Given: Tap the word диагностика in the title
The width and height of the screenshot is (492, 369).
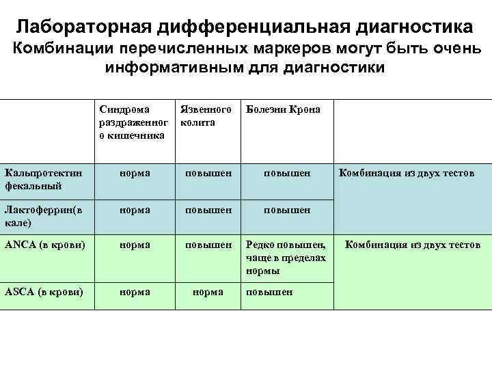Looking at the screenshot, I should [406, 27].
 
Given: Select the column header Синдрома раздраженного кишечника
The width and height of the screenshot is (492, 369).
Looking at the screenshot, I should [133, 122].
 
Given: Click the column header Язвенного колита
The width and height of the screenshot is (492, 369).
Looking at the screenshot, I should [205, 115].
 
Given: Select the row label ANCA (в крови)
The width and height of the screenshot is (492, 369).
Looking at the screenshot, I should [42, 245].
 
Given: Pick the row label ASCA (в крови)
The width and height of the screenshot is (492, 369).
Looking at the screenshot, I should [42, 292].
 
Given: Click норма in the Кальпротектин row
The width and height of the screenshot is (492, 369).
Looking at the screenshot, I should [135, 174].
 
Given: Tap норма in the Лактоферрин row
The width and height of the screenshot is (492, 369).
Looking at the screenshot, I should [135, 210].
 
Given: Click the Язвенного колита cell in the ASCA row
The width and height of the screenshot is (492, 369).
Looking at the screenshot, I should [208, 292].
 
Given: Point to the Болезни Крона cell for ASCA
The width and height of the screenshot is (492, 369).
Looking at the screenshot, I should [269, 292].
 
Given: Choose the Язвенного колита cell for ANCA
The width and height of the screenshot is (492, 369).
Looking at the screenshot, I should [208, 245].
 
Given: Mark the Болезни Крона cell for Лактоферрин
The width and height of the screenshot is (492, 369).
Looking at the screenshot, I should [287, 210].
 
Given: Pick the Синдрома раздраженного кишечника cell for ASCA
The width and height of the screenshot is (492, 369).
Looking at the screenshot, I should [135, 292].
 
